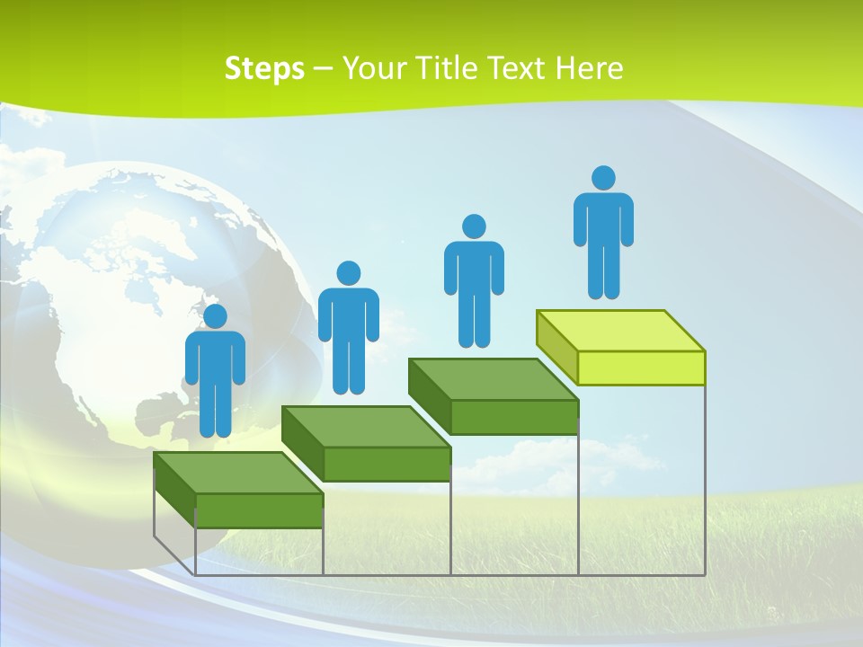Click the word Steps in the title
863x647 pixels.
[264, 68]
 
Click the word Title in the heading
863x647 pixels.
[445, 68]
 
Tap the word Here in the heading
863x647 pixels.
[589, 68]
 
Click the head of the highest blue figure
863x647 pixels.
[603, 178]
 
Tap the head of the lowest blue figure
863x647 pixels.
[215, 316]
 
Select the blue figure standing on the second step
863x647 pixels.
[348, 328]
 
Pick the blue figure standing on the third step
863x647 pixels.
[474, 280]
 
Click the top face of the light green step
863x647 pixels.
[620, 330]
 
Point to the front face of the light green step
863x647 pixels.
[641, 368]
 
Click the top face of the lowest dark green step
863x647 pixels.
[238, 473]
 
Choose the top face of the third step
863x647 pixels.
[493, 379]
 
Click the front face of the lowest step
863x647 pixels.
[259, 510]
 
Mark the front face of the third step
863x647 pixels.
[514, 417]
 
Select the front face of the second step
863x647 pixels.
[387, 464]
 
